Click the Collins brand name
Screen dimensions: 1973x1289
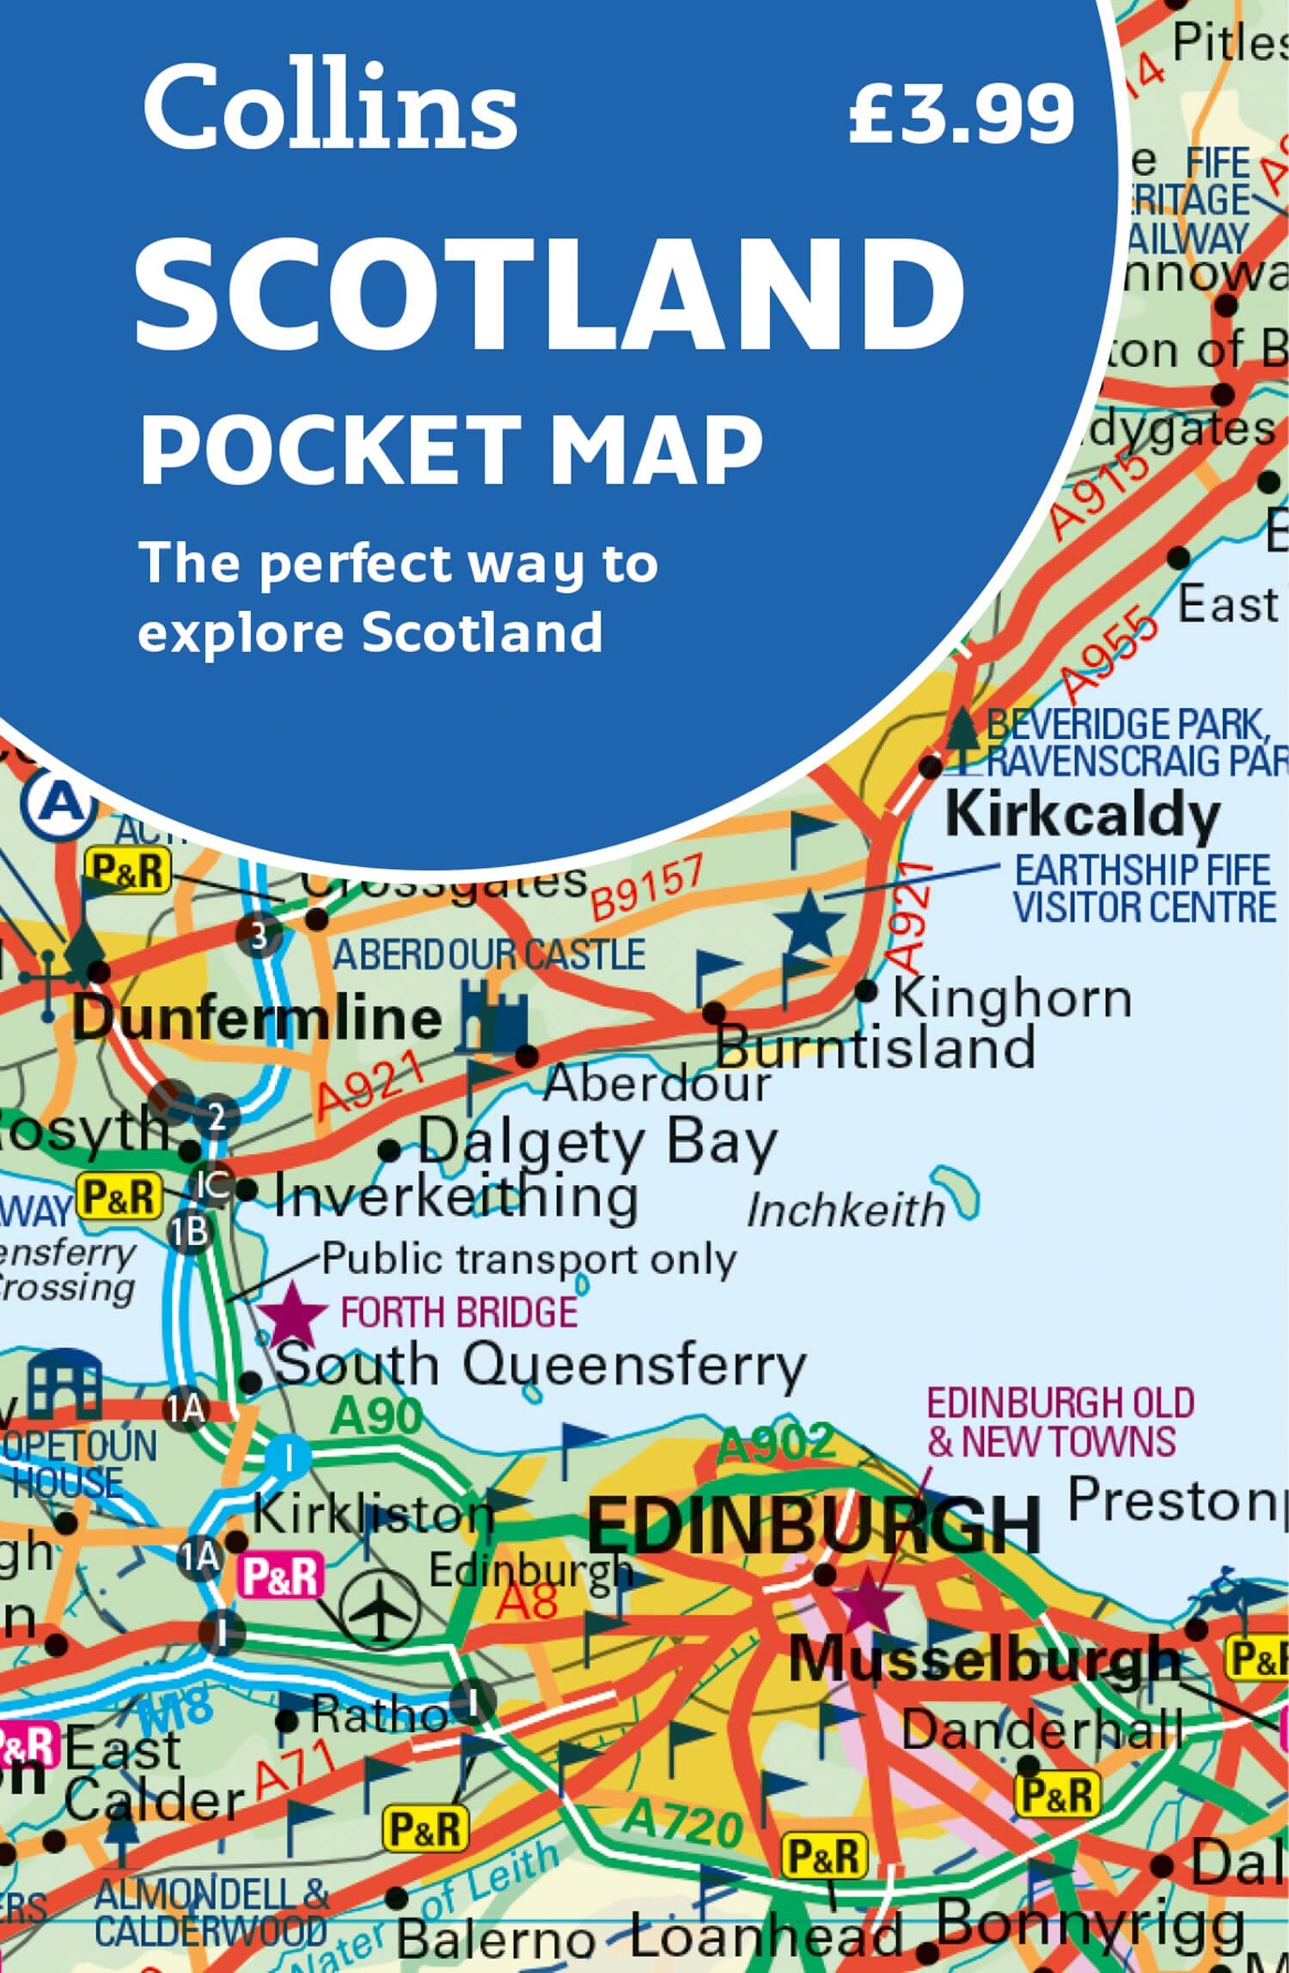(330, 107)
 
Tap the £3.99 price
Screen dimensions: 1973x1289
(961, 113)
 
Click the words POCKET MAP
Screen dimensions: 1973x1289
(451, 449)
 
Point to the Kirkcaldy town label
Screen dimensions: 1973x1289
(1082, 815)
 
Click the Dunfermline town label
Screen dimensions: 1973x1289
(256, 1018)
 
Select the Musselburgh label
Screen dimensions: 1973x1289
(985, 1659)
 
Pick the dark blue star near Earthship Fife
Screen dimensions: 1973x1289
(809, 923)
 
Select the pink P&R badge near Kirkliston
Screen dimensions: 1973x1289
(282, 1577)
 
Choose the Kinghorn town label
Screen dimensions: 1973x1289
(1012, 999)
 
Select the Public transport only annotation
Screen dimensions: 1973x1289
(529, 1260)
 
